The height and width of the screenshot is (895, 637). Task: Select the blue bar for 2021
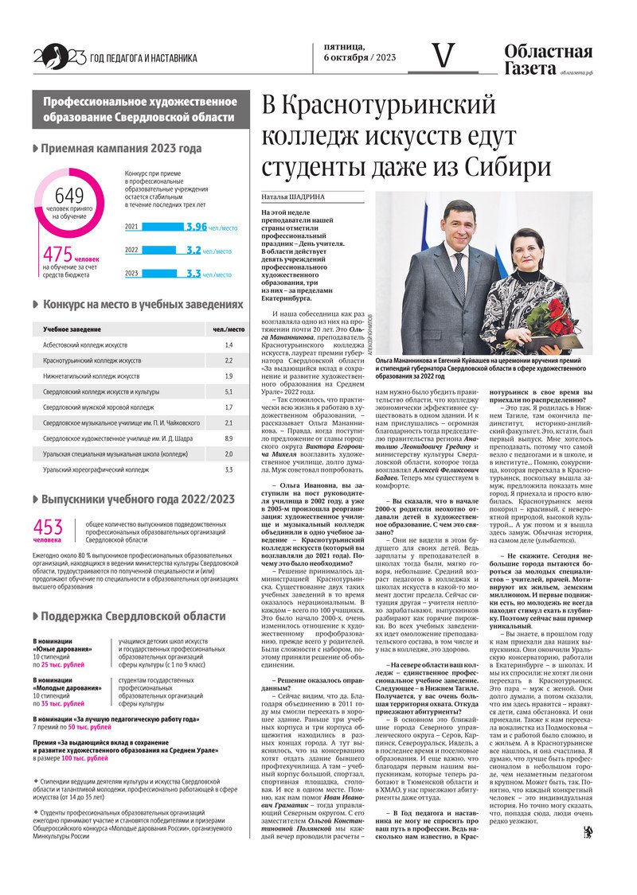162,227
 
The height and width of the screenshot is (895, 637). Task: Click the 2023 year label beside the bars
131,274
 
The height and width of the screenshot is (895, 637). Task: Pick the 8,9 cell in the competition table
229,438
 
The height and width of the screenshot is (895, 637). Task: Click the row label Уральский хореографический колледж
96,469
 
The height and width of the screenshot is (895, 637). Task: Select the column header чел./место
229,329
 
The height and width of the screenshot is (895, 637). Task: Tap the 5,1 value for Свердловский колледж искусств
229,391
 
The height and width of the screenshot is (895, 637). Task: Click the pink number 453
48,527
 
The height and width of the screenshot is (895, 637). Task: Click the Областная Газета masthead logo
548,60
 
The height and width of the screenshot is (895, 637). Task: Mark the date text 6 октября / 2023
360,58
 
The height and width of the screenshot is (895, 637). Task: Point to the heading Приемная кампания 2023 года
121,148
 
